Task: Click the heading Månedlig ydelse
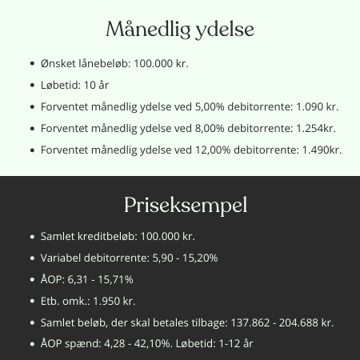tap(179, 30)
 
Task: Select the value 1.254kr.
tap(317, 127)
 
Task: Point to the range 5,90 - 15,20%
tap(181, 258)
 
